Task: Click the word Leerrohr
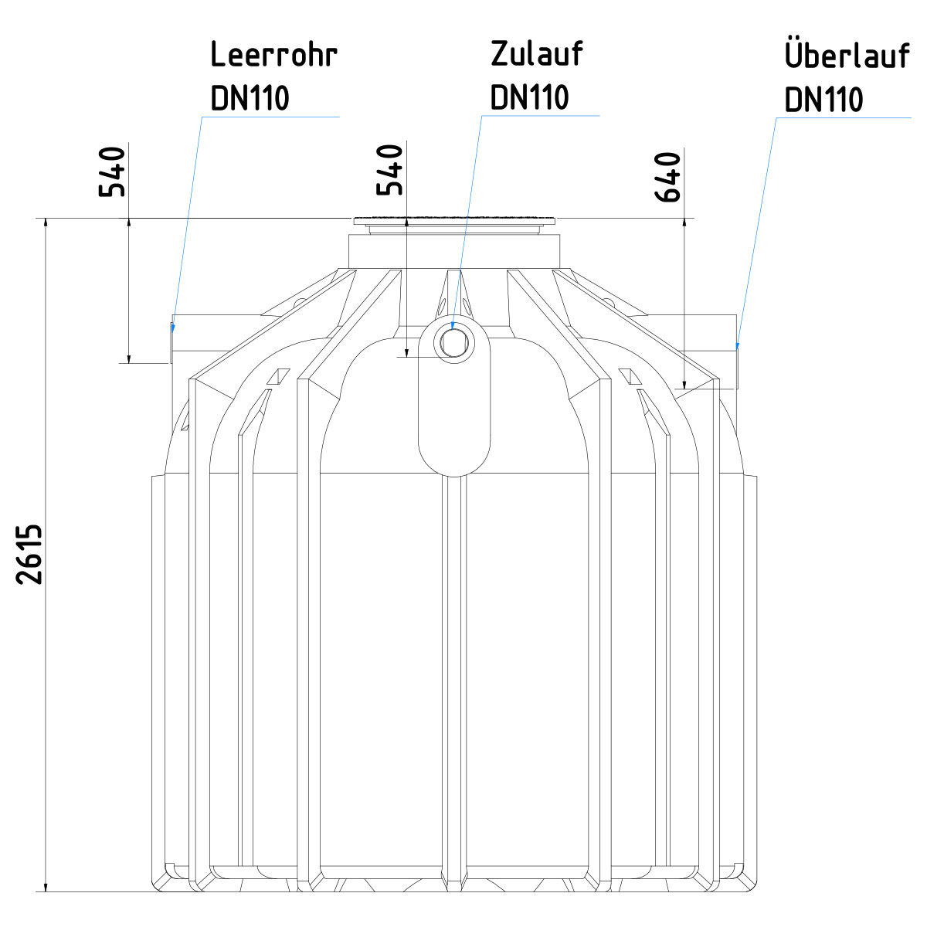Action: (x=274, y=56)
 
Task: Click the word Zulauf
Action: (x=537, y=54)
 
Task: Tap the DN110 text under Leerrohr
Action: (x=250, y=98)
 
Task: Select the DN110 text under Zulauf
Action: (x=530, y=97)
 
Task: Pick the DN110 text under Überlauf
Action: (x=823, y=100)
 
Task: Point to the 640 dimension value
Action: (x=667, y=177)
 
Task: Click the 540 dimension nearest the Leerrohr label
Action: (x=113, y=171)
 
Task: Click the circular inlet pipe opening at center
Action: (x=454, y=341)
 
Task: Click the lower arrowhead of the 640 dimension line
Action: (x=684, y=382)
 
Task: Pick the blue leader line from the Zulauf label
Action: (x=468, y=216)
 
